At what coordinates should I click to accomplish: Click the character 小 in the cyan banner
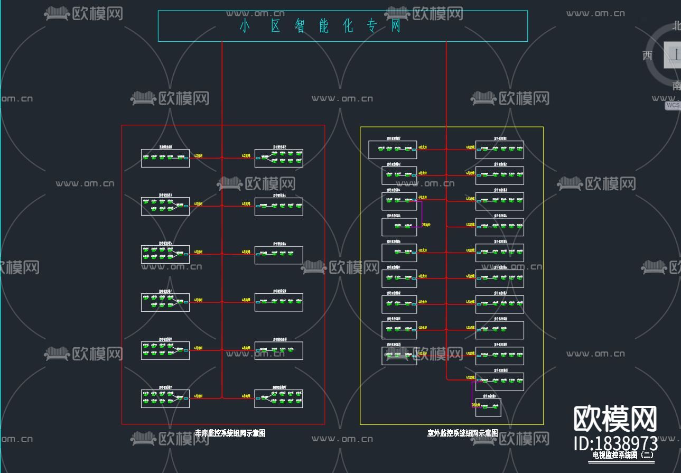click(244, 26)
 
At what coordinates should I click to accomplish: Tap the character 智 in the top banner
click(300, 26)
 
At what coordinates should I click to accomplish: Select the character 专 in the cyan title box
click(372, 26)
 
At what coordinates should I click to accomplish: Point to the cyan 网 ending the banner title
click(396, 26)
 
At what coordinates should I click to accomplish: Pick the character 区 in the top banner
click(275, 26)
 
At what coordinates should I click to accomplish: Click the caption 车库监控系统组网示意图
click(230, 433)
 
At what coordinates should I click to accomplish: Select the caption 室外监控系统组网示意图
click(462, 433)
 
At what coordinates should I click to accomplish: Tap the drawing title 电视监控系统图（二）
click(623, 455)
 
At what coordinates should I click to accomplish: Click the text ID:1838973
click(615, 443)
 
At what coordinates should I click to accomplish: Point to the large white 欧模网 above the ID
click(615, 419)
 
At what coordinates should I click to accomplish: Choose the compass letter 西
click(648, 55)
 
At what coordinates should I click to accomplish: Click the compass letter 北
click(676, 25)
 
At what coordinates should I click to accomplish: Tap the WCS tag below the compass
click(673, 105)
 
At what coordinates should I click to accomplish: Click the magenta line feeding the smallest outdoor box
click(472, 394)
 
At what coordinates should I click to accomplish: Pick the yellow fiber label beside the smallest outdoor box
click(478, 405)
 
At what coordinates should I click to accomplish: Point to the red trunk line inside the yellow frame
click(446, 264)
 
